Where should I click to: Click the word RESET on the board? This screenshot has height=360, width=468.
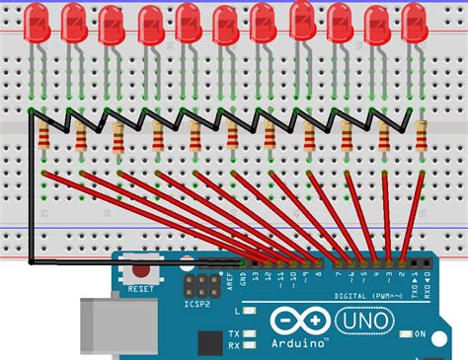coord(141,289)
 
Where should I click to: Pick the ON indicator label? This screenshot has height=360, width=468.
coord(420,334)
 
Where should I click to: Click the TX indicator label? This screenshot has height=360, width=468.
coord(234,332)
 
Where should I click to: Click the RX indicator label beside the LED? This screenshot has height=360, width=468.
coord(234,345)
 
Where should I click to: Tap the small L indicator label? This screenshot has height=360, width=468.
coord(235,308)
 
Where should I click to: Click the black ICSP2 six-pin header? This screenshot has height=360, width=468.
coord(202,287)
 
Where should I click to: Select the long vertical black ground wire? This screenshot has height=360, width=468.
coord(32,187)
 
